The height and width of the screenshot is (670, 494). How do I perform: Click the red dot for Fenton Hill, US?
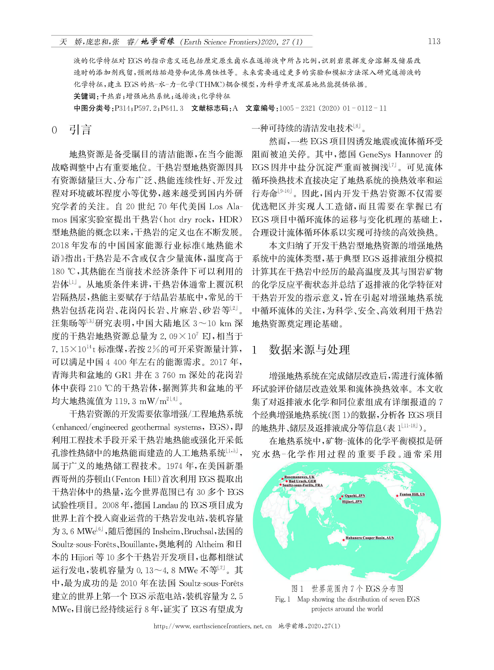(x=397, y=495)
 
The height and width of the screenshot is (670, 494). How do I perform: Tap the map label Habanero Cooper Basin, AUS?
(x=370, y=538)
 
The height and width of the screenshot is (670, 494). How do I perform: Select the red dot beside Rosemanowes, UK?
(x=282, y=479)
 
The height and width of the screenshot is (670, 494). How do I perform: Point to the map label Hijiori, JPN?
(x=352, y=501)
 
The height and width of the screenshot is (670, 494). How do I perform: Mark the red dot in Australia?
(x=343, y=540)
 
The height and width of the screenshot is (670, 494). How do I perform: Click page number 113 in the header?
(x=434, y=41)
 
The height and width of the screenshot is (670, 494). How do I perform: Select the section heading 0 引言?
(x=71, y=130)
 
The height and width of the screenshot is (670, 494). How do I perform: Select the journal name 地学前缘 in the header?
(x=157, y=42)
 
